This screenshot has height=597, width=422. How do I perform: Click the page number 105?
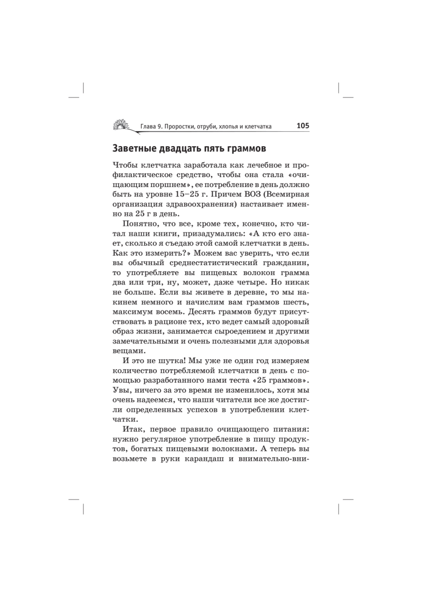[x=303, y=126]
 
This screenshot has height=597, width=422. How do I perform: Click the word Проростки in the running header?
[x=184, y=126]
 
